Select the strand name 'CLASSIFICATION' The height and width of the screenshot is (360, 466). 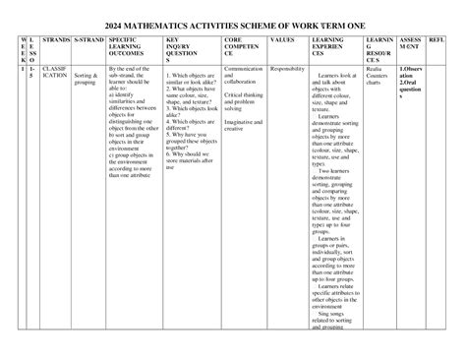coord(55,74)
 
